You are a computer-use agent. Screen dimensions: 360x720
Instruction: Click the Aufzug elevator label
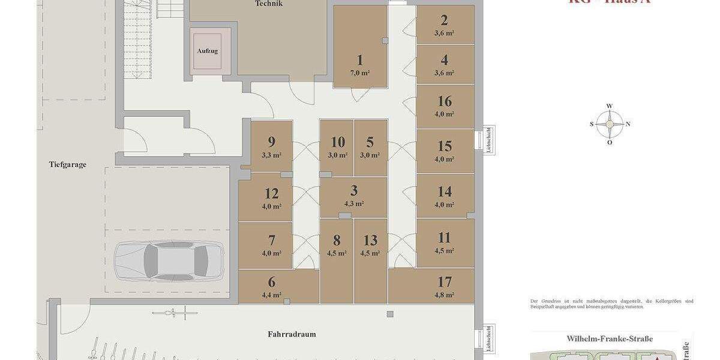tap(208, 51)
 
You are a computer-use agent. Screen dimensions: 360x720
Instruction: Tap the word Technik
tap(268, 4)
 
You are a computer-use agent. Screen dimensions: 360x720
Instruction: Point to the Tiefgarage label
tap(68, 164)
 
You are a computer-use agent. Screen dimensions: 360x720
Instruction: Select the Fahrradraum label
tap(292, 334)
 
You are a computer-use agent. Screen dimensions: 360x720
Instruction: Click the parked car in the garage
tap(169, 261)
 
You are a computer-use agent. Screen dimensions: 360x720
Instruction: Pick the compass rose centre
tap(610, 124)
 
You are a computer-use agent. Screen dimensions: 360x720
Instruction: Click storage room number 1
tap(360, 60)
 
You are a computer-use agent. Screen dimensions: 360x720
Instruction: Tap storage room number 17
tap(445, 282)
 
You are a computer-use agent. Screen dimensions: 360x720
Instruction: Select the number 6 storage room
tap(272, 282)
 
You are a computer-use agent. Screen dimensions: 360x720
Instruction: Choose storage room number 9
tap(272, 142)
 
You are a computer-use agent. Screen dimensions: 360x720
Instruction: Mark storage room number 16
tap(445, 101)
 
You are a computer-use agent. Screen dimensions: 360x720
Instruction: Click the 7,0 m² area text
tap(360, 73)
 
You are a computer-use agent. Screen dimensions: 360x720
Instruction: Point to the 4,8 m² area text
tap(445, 295)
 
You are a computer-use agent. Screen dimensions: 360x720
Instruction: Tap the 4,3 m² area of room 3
tap(354, 204)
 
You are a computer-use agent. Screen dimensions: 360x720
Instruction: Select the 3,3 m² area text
tap(272, 155)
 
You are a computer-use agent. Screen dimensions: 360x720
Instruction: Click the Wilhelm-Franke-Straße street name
tap(610, 339)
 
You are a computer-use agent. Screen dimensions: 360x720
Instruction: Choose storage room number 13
tap(370, 241)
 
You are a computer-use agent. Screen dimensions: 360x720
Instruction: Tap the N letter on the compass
tap(628, 124)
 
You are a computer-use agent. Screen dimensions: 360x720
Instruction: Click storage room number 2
tap(445, 20)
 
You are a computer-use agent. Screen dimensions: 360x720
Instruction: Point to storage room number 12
tap(272, 194)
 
